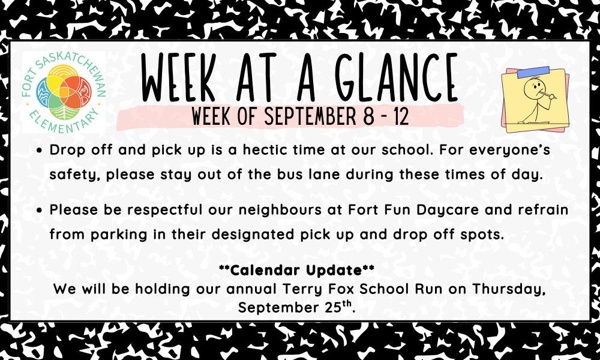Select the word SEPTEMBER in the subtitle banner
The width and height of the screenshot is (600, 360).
tap(310, 116)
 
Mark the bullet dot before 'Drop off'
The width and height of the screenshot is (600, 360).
tap(40, 151)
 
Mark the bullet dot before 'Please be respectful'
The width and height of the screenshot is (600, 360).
tap(40, 211)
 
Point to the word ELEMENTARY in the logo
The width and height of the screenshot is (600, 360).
tap(64, 121)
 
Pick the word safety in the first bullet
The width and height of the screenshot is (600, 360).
tap(74, 175)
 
